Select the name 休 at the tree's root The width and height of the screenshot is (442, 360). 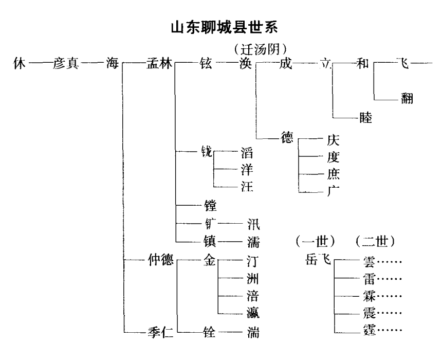20,65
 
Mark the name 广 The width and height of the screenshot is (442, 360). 333,191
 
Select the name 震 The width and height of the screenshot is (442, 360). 369,313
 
